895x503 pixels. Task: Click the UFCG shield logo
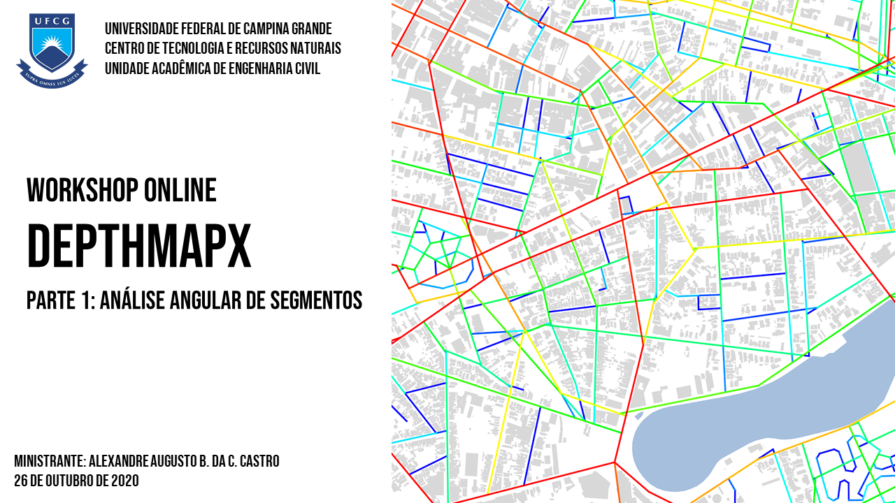point(52,49)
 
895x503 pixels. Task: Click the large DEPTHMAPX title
point(138,247)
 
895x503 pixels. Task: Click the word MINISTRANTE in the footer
point(49,462)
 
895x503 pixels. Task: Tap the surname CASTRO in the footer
point(257,462)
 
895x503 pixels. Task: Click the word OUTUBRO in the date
point(71,481)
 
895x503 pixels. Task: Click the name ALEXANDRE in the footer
point(119,462)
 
